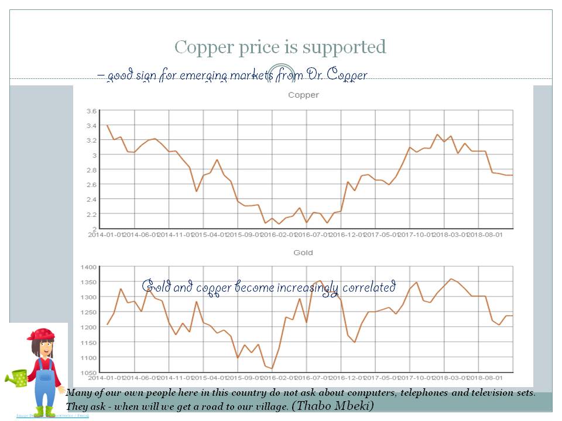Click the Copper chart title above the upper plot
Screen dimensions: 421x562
[303, 95]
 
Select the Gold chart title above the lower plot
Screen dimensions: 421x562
[303, 253]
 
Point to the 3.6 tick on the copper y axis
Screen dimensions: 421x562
[91, 111]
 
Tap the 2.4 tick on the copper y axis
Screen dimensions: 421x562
[91, 199]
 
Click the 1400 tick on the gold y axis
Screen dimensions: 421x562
[88, 267]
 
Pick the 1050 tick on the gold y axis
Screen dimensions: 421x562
[88, 372]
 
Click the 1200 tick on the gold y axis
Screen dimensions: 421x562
[88, 327]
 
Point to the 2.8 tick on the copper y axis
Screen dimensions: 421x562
[91, 170]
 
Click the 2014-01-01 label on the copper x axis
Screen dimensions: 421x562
[105, 234]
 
